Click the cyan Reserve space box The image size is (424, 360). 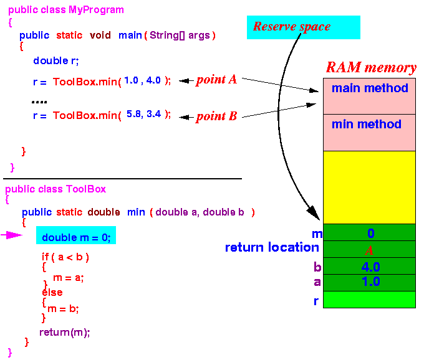pyautogui.click(x=304, y=27)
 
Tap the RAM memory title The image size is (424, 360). pyautogui.click(x=371, y=67)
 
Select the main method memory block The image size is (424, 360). pyautogui.click(x=369, y=96)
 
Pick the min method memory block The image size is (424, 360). pyautogui.click(x=369, y=133)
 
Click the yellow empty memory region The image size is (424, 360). pyautogui.click(x=369, y=187)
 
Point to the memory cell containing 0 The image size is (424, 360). pyautogui.click(x=369, y=232)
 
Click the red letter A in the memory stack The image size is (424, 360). pyautogui.click(x=369, y=250)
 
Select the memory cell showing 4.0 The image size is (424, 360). pyautogui.click(x=369, y=266)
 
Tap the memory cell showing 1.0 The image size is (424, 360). pyautogui.click(x=369, y=283)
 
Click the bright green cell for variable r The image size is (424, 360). pyautogui.click(x=369, y=300)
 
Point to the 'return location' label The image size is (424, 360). pyautogui.click(x=272, y=247)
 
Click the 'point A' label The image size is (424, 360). pyautogui.click(x=216, y=80)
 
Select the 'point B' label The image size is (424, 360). pyautogui.click(x=216, y=116)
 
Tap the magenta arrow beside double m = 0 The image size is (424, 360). pyautogui.click(x=11, y=235)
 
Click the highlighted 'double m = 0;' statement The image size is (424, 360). pyautogui.click(x=76, y=235)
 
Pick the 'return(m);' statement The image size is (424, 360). pyautogui.click(x=65, y=333)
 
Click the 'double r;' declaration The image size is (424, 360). pyautogui.click(x=56, y=61)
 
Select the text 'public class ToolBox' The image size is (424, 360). pyautogui.click(x=55, y=189)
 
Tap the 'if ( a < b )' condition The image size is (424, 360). pyautogui.click(x=65, y=257)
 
